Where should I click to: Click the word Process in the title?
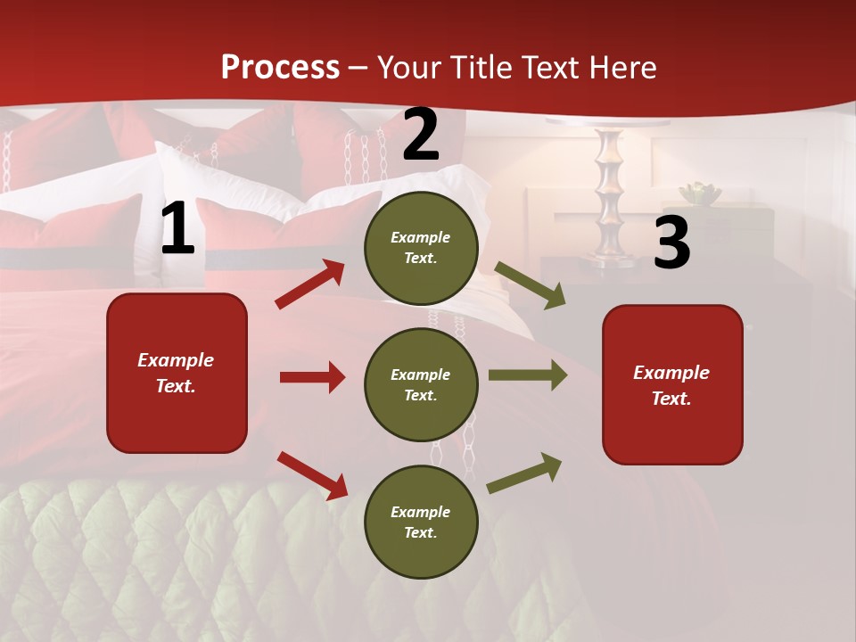(x=280, y=68)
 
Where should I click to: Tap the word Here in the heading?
(x=618, y=68)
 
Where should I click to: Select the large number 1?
(x=177, y=229)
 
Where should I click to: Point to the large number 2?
(x=421, y=136)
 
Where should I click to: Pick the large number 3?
(x=671, y=243)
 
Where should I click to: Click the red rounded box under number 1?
(x=177, y=373)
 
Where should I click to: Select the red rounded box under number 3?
(x=672, y=385)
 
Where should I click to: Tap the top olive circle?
(x=421, y=248)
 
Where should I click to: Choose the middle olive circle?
(x=421, y=385)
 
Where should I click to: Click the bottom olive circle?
(x=421, y=523)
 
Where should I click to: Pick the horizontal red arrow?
(x=312, y=377)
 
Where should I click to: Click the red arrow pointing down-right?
(x=312, y=475)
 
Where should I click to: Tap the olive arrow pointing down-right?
(x=531, y=285)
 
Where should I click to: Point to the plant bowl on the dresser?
(x=699, y=193)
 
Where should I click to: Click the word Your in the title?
(x=411, y=68)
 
